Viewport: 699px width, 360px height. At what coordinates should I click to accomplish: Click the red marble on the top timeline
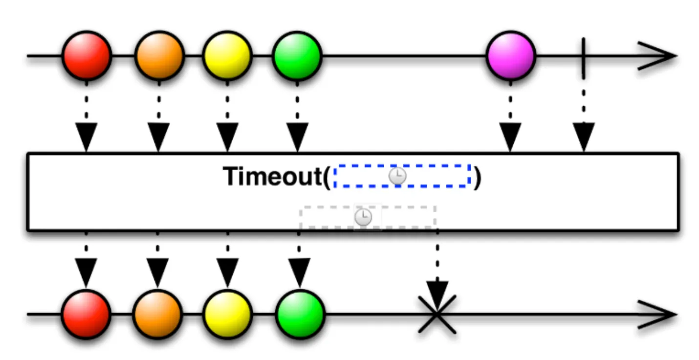tap(87, 56)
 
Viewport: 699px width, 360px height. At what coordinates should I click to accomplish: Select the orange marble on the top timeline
tap(159, 56)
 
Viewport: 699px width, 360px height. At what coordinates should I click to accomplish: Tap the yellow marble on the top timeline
tap(227, 56)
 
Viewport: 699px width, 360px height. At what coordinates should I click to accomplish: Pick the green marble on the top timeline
tap(297, 56)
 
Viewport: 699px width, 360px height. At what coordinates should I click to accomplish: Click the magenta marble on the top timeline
tap(511, 56)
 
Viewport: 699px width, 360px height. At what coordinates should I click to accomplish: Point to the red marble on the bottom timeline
tap(86, 314)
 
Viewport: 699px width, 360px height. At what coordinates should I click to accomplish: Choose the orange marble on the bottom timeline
tap(157, 314)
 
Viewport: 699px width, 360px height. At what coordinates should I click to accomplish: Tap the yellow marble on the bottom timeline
tap(227, 314)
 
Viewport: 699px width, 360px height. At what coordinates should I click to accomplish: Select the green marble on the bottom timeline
tap(300, 314)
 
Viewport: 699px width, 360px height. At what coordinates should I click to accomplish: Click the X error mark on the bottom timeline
tap(437, 314)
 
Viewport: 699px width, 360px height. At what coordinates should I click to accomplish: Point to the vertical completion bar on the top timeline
tap(583, 58)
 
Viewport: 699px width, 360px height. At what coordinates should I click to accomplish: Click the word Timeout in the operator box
tap(272, 177)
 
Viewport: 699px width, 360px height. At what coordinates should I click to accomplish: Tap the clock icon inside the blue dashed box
tap(397, 176)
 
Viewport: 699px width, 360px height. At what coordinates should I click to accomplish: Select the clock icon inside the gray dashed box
tap(363, 217)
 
